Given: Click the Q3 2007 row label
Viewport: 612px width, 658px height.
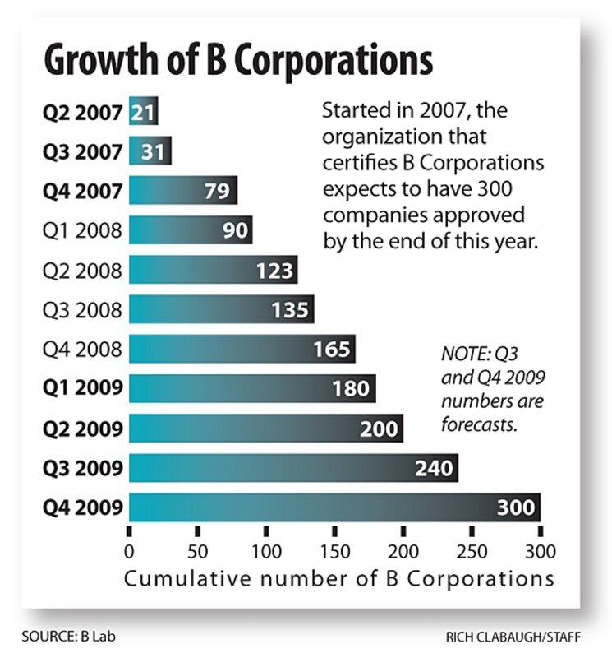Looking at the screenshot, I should (x=82, y=152).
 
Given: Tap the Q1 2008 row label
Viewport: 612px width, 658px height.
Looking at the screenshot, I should (x=82, y=231).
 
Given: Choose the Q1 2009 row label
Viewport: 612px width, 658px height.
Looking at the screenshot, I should (x=82, y=389).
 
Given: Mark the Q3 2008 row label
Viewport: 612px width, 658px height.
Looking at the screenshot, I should (x=82, y=310).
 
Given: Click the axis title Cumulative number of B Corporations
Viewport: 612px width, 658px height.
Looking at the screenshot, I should (x=338, y=578).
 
